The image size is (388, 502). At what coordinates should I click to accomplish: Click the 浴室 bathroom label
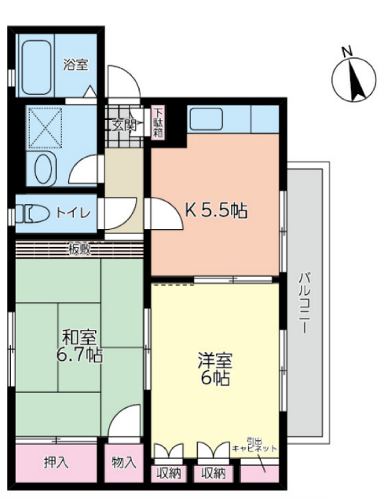click(75, 65)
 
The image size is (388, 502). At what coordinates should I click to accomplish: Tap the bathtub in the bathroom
click(37, 67)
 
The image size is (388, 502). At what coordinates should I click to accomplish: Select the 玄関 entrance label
click(123, 125)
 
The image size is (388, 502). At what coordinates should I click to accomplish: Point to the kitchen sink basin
click(207, 118)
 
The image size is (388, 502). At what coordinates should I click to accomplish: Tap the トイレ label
click(73, 213)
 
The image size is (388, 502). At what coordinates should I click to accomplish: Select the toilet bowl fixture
click(33, 213)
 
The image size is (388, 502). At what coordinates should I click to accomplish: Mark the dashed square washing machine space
click(46, 128)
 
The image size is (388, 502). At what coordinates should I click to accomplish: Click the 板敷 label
click(80, 249)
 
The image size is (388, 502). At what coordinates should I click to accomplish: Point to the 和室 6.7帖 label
click(79, 346)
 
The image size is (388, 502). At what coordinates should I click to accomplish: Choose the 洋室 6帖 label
click(215, 369)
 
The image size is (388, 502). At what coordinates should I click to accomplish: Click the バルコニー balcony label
click(304, 303)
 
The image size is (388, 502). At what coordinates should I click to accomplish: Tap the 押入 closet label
click(56, 462)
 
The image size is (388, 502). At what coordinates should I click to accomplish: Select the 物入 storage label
click(124, 462)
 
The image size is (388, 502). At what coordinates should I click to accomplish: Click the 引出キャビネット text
click(254, 445)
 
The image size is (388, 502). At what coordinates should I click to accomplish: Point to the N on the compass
click(346, 52)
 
